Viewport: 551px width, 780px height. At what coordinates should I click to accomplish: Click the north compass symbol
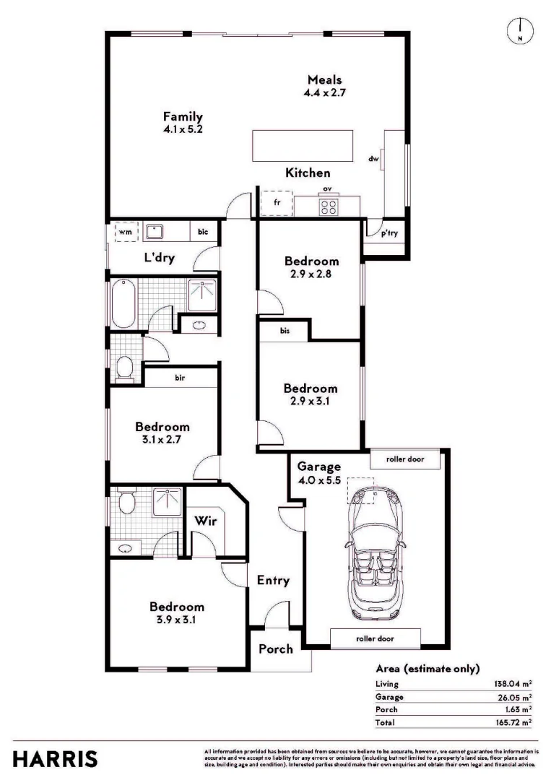tap(519, 30)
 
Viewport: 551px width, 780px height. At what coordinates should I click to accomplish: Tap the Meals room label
tap(324, 79)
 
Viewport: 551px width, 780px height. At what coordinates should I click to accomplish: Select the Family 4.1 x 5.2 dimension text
tap(182, 130)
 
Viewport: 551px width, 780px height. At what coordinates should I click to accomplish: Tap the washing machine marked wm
tap(125, 232)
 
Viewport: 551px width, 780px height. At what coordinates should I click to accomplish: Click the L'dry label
tap(159, 257)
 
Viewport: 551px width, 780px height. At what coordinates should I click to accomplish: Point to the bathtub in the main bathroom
tap(120, 303)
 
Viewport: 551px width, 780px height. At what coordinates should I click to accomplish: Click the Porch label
tap(276, 649)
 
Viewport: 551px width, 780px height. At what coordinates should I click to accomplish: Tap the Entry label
tap(273, 580)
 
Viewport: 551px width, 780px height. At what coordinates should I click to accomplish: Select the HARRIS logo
tap(55, 758)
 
